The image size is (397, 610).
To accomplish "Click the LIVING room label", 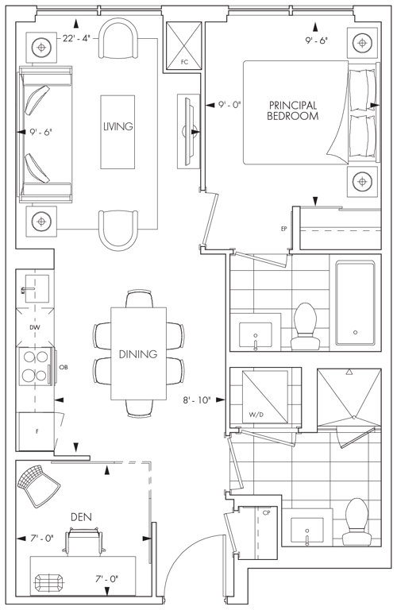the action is click(x=118, y=126).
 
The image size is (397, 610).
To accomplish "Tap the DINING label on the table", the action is click(x=138, y=354).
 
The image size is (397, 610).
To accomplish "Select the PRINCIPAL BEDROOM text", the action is click(x=292, y=110).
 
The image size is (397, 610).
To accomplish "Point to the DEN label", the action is click(x=81, y=517).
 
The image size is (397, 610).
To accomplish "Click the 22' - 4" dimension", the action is click(x=76, y=38).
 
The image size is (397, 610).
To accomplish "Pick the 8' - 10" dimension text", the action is click(x=197, y=400).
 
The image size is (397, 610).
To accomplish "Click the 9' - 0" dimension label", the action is click(x=229, y=105).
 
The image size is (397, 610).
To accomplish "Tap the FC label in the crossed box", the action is click(x=184, y=62).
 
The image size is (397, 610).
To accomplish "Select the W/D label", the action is click(x=256, y=415).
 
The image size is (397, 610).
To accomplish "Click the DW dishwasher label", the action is click(x=35, y=327).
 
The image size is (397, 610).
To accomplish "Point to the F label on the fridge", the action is click(x=37, y=431).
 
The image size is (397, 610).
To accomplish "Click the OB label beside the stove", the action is click(x=64, y=367).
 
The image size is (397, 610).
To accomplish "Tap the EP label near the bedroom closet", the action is click(x=283, y=229).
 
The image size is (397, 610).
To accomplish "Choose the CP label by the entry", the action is click(x=266, y=513).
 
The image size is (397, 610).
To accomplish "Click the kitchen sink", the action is click(x=37, y=288).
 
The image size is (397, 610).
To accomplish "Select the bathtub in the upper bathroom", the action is click(x=356, y=304).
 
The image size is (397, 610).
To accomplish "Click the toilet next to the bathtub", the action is click(x=306, y=326).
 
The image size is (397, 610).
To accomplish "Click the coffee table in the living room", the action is click(x=118, y=132).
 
